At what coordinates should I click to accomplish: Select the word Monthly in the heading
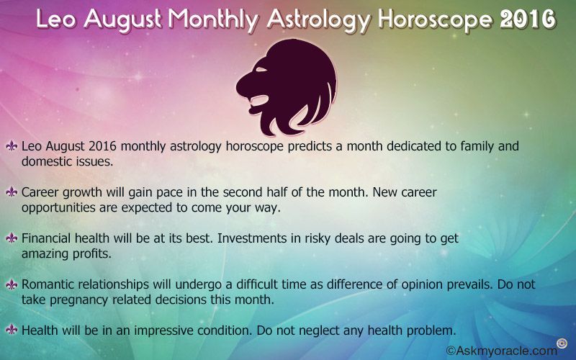click(213, 21)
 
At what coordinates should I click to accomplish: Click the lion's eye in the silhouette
click(262, 70)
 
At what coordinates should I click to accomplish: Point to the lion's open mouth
click(260, 101)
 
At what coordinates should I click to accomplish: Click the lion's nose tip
click(239, 87)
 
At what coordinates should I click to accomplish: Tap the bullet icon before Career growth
click(12, 192)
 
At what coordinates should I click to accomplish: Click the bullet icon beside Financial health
click(12, 238)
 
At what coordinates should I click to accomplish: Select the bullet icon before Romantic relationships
click(12, 284)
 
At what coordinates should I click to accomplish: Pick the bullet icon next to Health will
click(12, 330)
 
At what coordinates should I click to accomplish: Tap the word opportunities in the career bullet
click(58, 208)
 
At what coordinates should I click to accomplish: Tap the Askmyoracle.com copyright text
click(501, 351)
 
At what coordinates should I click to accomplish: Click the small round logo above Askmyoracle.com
click(562, 343)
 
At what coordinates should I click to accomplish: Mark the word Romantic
click(48, 284)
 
